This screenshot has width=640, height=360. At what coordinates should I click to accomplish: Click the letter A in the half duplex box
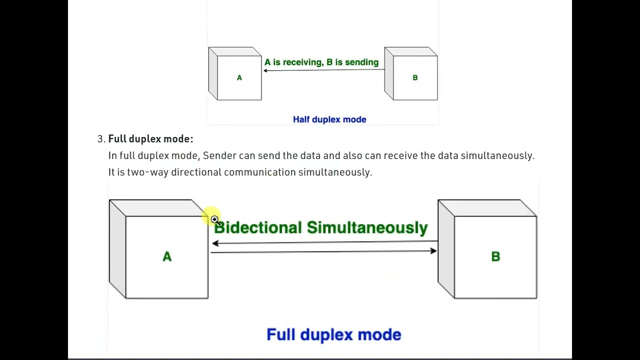[x=239, y=78]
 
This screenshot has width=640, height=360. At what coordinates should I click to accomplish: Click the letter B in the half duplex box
[x=415, y=78]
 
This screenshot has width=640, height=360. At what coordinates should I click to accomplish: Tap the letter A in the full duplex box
[x=167, y=257]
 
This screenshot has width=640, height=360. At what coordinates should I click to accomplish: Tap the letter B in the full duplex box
[x=495, y=257]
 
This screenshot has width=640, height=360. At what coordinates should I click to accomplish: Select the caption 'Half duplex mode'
[x=329, y=119]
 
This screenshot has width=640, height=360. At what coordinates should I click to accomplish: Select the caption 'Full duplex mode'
[x=333, y=334]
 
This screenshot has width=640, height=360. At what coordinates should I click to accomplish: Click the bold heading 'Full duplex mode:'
[x=150, y=139]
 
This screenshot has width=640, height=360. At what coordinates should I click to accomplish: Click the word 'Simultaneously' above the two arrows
[x=367, y=228]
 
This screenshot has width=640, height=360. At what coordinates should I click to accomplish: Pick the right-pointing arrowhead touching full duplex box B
[x=433, y=250]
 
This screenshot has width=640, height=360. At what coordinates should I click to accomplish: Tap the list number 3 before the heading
[x=100, y=139]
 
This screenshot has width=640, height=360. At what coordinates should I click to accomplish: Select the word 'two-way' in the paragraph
[x=147, y=172]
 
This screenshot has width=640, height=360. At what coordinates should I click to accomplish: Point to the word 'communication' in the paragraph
[x=259, y=172]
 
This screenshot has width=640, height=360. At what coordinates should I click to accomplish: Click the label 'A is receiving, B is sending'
[x=321, y=62]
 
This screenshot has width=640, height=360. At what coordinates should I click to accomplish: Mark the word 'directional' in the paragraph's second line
[x=196, y=172]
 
